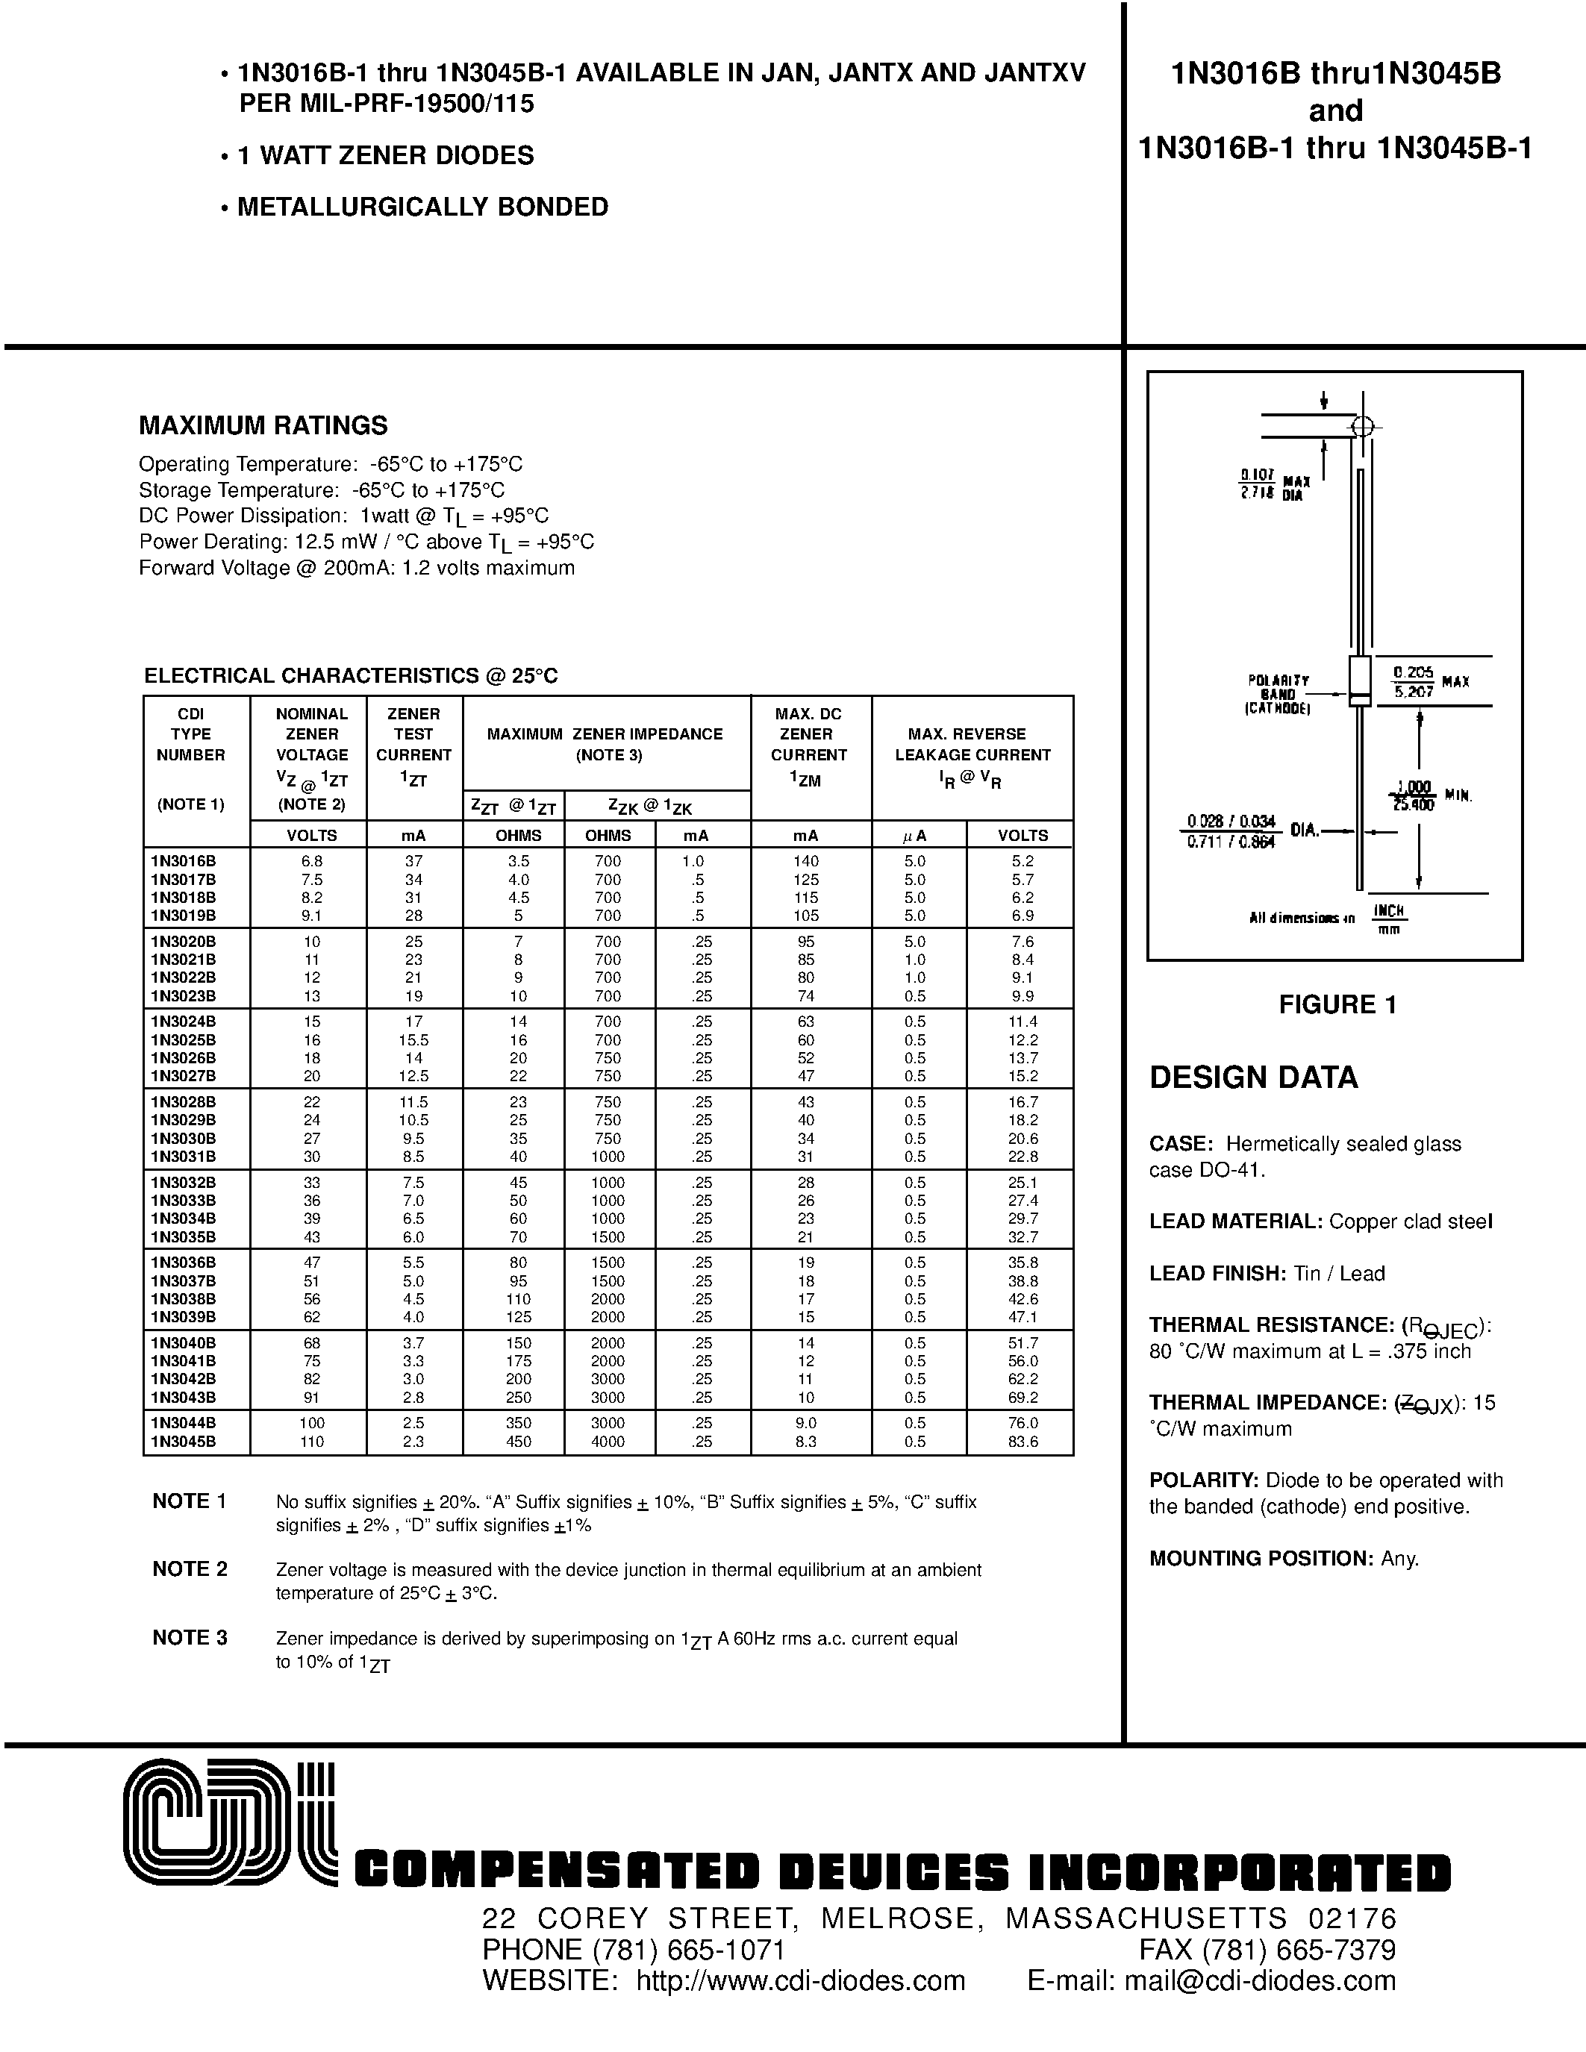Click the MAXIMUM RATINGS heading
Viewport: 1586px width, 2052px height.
point(263,425)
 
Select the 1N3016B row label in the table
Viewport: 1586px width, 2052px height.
point(183,860)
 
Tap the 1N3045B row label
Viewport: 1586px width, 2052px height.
point(183,1442)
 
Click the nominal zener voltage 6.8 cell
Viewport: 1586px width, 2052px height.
point(312,860)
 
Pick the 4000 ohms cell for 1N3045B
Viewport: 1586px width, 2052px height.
point(608,1442)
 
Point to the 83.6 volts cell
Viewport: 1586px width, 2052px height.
point(1023,1442)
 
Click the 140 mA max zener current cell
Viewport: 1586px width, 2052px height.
point(806,860)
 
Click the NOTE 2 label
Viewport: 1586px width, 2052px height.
point(190,1569)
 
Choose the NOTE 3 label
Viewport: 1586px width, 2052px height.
point(190,1638)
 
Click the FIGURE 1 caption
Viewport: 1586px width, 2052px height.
point(1337,1004)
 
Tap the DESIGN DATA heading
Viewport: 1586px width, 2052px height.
point(1253,1077)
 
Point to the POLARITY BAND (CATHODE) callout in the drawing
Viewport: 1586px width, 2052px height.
point(1278,695)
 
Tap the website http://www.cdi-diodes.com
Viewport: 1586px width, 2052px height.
point(801,1980)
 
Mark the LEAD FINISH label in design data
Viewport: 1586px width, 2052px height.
point(1217,1273)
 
